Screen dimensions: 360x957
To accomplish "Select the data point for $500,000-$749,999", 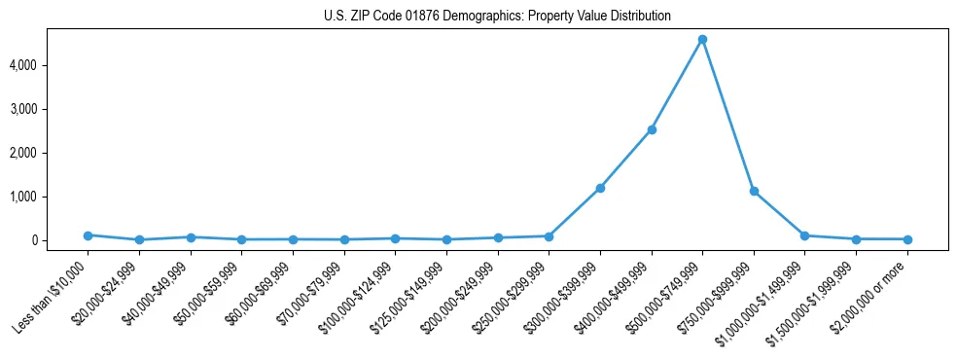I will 702,40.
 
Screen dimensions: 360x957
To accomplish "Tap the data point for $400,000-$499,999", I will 652,129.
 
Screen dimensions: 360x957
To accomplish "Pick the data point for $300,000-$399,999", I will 600,188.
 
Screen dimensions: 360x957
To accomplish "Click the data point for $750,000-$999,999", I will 754,191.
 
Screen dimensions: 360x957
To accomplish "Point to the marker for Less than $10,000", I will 88,235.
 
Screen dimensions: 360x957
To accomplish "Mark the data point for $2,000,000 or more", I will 907,239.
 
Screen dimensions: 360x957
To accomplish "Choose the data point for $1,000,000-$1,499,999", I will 804,235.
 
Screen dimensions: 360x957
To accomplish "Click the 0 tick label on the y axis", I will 60,240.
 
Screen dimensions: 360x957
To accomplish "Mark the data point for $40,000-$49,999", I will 191,237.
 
